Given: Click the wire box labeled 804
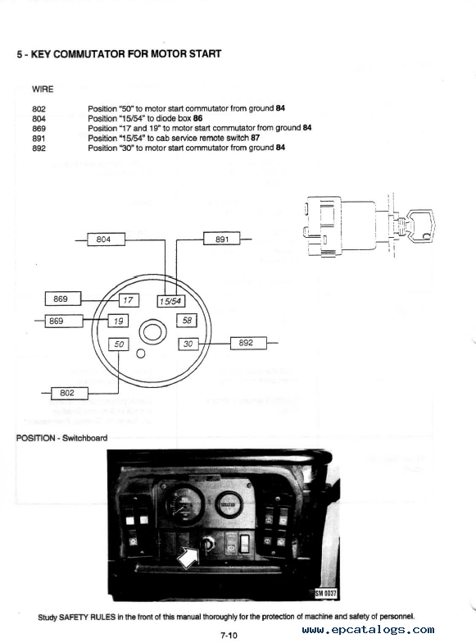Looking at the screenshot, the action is [x=107, y=239].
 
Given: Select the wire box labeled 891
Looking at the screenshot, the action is [x=221, y=238].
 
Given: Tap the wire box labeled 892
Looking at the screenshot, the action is [x=248, y=343].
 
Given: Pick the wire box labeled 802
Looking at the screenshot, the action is [x=69, y=394].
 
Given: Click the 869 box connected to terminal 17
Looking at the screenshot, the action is [x=62, y=299].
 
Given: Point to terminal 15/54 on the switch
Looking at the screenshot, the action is [x=171, y=302].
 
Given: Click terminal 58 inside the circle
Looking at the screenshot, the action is [x=187, y=320].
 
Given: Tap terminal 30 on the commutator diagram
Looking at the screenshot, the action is [x=188, y=344].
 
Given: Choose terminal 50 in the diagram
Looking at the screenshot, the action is [x=118, y=344].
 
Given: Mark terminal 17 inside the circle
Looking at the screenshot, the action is [x=129, y=300].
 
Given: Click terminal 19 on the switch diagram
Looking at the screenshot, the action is [x=118, y=321].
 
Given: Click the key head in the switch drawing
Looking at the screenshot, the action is [x=421, y=224].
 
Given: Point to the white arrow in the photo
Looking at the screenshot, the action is [x=188, y=557].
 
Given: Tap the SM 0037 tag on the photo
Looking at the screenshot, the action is [x=326, y=593].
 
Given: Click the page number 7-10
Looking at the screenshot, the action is [x=229, y=635].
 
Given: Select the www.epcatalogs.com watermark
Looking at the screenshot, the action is [x=369, y=630].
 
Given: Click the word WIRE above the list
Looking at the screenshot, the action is [x=43, y=89].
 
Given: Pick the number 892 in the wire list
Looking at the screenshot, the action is [x=39, y=148].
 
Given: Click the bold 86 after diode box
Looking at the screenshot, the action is [x=198, y=118].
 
